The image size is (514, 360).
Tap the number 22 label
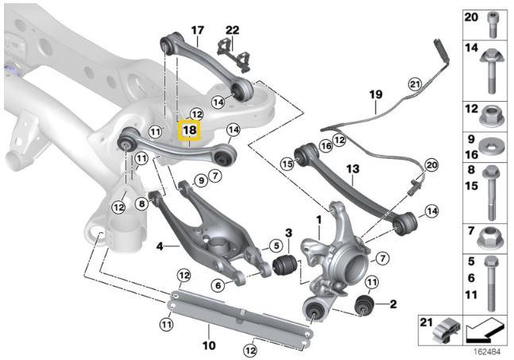(231, 30)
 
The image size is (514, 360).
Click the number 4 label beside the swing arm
(160, 246)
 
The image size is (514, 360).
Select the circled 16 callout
(324, 145)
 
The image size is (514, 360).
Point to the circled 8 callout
(143, 203)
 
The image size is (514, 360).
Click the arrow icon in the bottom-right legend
(485, 327)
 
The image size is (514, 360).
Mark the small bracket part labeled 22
(236, 54)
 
